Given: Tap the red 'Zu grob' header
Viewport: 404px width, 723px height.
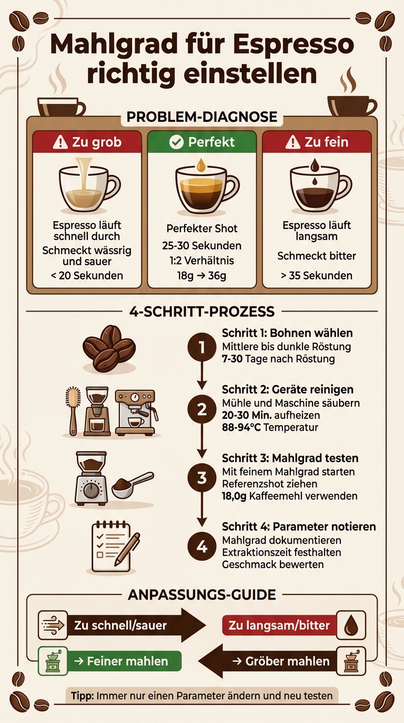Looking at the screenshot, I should pyautogui.click(x=87, y=142).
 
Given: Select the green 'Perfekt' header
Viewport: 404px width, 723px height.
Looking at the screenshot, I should pyautogui.click(x=201, y=142).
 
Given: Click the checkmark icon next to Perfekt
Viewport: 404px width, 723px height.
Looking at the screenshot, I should pyautogui.click(x=176, y=142).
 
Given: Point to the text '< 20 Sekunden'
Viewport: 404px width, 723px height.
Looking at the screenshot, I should pyautogui.click(x=87, y=275).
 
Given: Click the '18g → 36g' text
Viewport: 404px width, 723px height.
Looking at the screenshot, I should pyautogui.click(x=202, y=275).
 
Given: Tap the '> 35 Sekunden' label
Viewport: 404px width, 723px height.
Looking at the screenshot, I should pyautogui.click(x=317, y=275).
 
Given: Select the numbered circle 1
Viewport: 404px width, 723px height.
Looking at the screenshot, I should pyautogui.click(x=202, y=348).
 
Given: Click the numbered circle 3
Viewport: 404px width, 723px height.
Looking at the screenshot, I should pyautogui.click(x=202, y=478).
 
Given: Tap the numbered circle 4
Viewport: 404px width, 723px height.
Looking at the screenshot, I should pyautogui.click(x=202, y=546).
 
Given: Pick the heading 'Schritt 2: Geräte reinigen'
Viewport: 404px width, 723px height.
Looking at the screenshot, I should pyautogui.click(x=287, y=389).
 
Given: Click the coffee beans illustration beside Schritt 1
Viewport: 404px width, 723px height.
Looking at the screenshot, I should pyautogui.click(x=109, y=347).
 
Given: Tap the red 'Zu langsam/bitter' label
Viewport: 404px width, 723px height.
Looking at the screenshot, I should pyautogui.click(x=279, y=625).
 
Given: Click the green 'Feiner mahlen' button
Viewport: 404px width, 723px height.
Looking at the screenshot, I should pyautogui.click(x=124, y=661).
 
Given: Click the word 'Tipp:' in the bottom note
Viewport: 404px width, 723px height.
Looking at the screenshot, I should pyautogui.click(x=82, y=696).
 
